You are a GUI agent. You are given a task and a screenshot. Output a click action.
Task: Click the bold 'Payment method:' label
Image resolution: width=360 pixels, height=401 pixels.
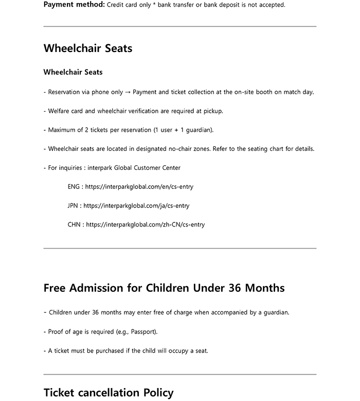[x=74, y=5]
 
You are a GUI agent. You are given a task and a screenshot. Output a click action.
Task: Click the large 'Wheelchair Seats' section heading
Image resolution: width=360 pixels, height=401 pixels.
[x=88, y=48]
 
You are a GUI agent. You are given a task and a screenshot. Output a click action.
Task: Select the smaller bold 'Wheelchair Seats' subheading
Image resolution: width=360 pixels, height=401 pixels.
[x=73, y=72]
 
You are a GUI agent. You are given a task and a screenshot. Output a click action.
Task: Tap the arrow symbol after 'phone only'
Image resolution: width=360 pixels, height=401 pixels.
[x=128, y=92]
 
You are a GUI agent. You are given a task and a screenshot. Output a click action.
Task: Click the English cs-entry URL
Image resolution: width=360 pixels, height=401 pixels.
[x=139, y=187]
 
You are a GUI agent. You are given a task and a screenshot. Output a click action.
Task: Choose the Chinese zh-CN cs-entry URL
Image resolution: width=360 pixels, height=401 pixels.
[x=146, y=225]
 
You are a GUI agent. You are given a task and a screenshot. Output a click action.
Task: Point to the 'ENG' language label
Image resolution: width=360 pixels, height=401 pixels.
[x=74, y=187]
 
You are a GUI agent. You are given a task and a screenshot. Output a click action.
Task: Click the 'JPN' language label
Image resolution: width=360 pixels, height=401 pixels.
[x=73, y=206]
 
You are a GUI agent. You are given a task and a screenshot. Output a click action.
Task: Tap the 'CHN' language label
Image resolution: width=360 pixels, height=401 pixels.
[x=74, y=225]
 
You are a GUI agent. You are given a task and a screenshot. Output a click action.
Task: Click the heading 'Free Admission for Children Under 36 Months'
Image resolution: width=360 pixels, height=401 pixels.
[x=164, y=288]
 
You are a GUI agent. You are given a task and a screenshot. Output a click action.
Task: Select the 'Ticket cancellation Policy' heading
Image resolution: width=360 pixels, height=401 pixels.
[x=109, y=393]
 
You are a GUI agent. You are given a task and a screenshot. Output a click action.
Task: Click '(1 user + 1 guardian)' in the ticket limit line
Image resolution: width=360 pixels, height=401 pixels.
[x=183, y=130]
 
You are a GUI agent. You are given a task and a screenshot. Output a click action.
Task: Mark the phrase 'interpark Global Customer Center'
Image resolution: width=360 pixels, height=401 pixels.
[x=134, y=168]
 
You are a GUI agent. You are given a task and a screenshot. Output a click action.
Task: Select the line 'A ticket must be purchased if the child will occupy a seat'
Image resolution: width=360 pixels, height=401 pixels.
[x=128, y=351]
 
